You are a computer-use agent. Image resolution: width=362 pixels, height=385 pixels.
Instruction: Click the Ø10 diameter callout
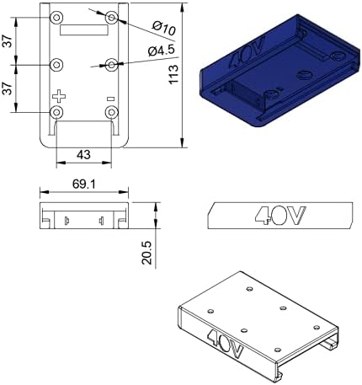click(x=164, y=28)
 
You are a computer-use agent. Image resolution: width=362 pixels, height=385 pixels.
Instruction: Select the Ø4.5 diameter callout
click(x=162, y=51)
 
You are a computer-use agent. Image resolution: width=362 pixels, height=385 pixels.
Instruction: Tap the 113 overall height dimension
click(x=173, y=74)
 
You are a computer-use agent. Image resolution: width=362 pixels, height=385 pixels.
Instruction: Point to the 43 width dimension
click(x=83, y=154)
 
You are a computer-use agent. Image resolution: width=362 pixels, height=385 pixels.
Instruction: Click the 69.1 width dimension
click(x=84, y=184)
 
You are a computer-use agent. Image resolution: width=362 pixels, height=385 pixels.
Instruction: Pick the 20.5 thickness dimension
click(x=146, y=253)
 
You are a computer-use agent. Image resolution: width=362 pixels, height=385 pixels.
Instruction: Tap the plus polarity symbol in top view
click(x=59, y=96)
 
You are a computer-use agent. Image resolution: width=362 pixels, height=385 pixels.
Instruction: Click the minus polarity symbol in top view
click(x=111, y=99)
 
